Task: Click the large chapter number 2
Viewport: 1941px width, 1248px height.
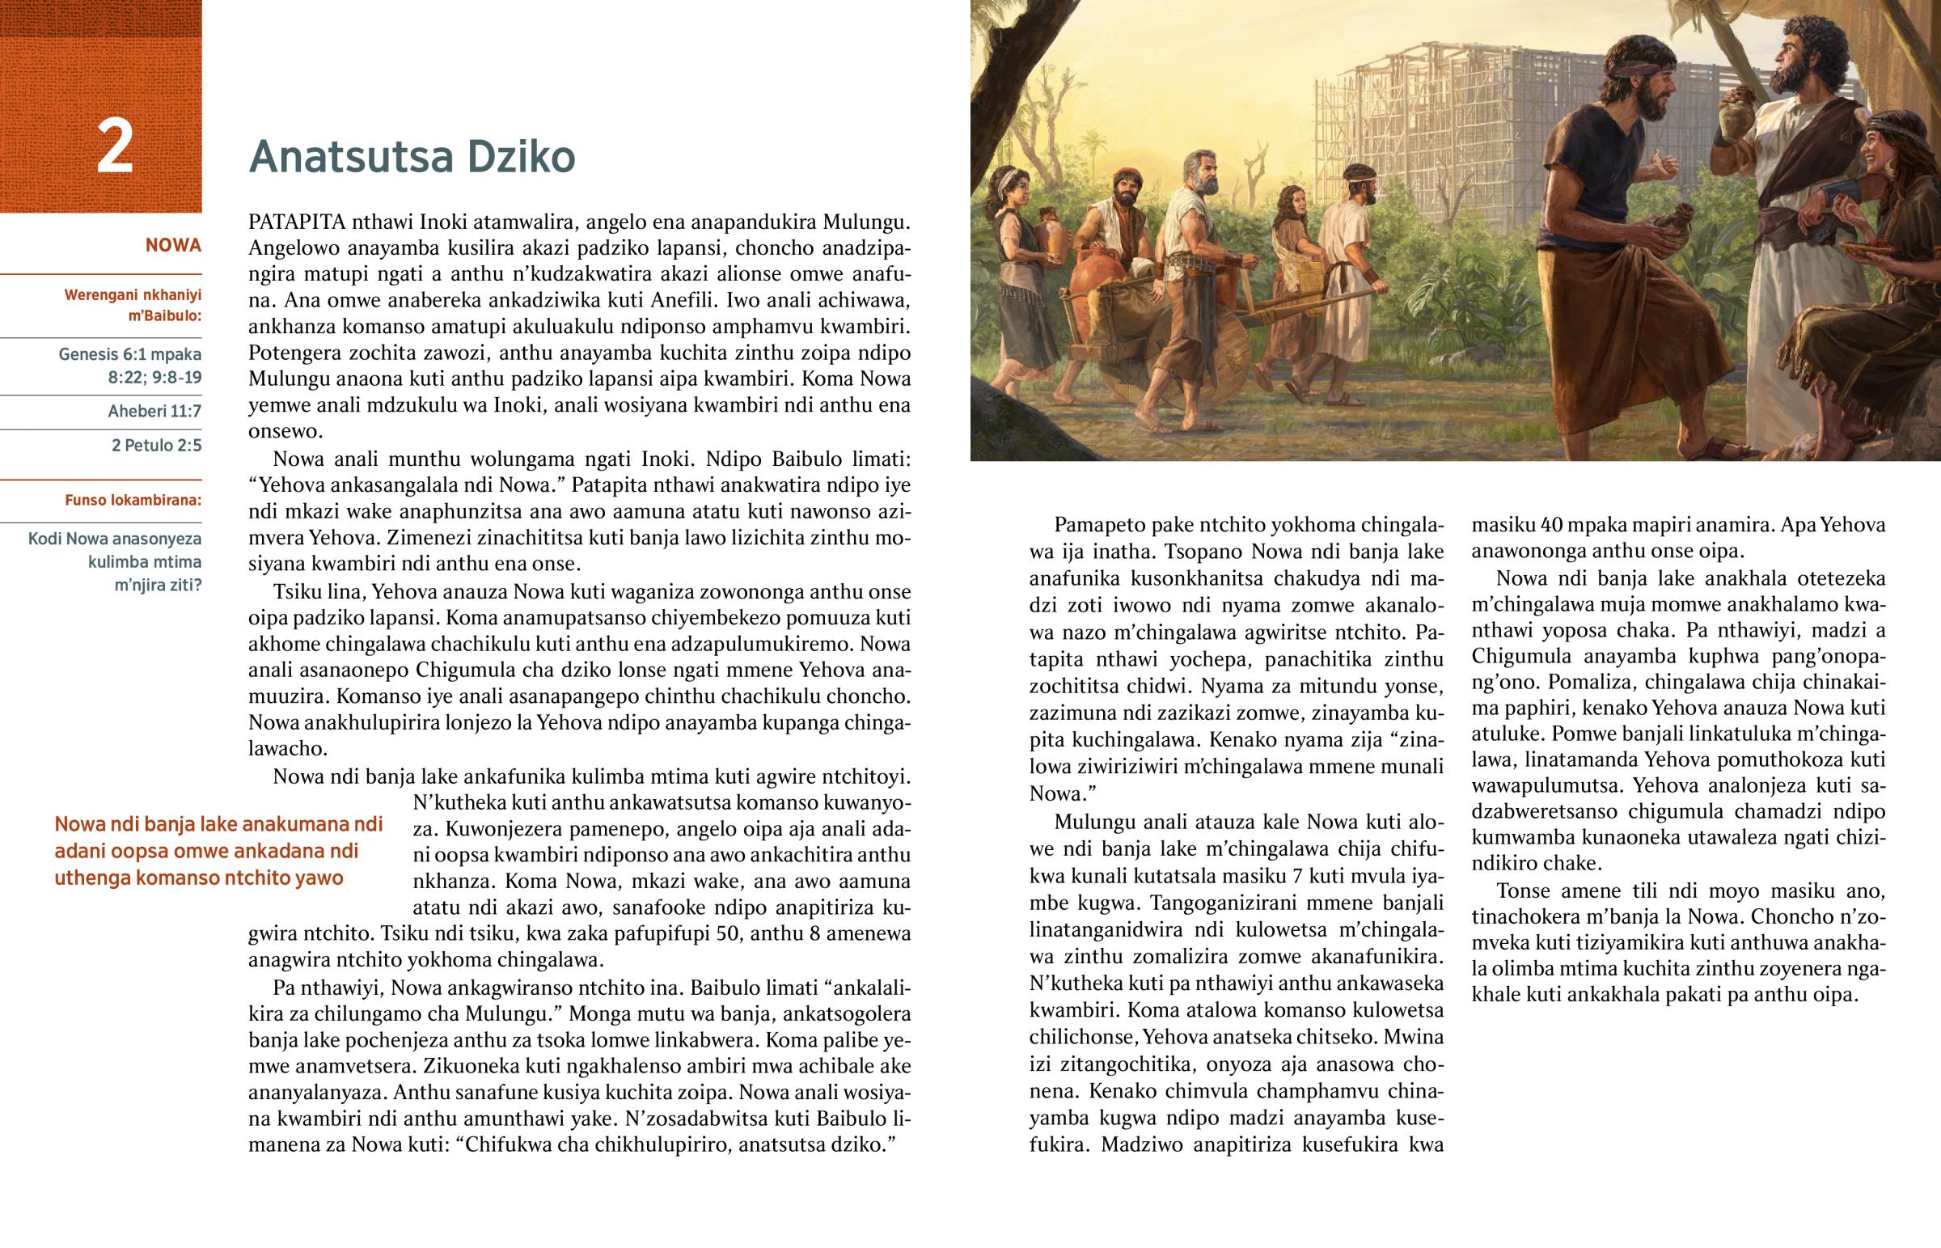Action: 114,146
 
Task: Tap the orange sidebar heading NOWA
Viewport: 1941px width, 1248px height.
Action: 173,246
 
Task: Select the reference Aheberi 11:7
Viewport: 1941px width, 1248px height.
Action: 154,411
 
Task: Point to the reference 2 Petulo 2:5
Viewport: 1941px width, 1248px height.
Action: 156,445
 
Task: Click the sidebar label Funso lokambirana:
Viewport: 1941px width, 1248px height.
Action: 133,500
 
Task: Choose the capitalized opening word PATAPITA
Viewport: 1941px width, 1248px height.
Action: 298,222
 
